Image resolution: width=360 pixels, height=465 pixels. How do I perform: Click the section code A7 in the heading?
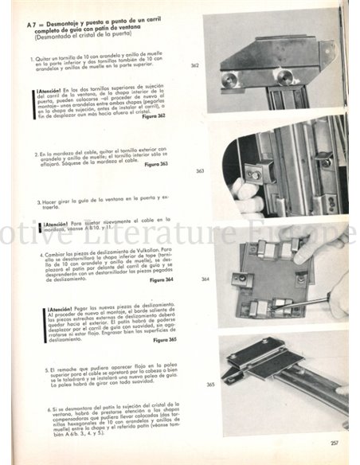click(33, 26)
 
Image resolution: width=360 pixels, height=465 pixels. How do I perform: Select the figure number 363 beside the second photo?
click(199, 171)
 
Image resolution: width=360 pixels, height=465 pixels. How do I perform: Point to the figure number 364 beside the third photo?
click(205, 279)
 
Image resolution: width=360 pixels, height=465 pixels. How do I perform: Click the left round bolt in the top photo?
click(230, 80)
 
